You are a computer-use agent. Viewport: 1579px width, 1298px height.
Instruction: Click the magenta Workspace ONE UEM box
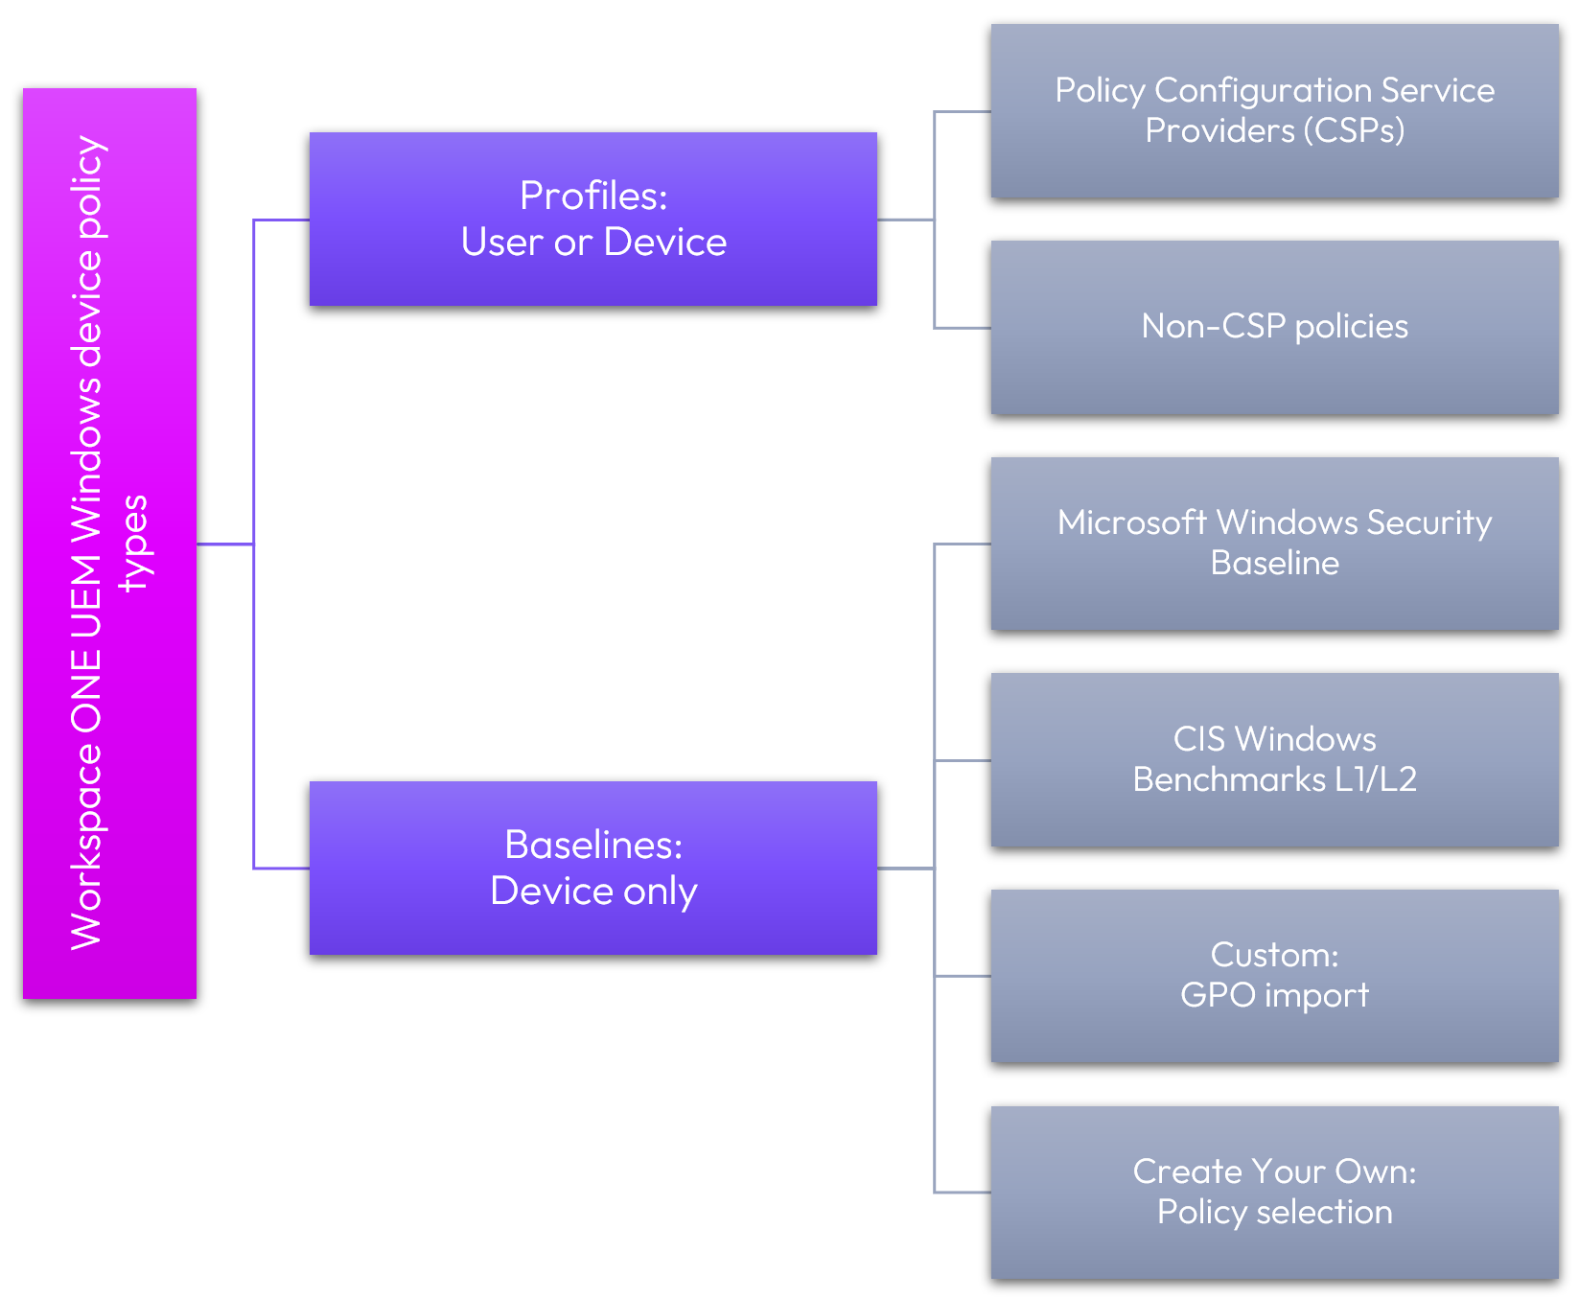pos(109,543)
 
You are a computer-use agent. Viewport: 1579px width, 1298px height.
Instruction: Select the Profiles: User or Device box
pos(592,219)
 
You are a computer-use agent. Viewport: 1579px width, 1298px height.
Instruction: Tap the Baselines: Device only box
pos(592,868)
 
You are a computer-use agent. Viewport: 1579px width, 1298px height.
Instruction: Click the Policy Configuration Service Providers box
pos(1274,110)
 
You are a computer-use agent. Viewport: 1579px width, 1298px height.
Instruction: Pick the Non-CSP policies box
pos(1274,327)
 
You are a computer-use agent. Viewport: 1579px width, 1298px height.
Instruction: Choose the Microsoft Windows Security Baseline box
pos(1274,543)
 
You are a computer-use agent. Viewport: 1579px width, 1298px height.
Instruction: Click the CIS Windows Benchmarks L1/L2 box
pos(1274,759)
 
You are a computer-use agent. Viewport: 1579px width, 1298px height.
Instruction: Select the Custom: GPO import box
pos(1274,975)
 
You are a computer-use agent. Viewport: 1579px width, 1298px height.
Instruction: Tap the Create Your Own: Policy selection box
pos(1274,1192)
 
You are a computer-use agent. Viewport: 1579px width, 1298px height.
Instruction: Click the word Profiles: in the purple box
pos(593,196)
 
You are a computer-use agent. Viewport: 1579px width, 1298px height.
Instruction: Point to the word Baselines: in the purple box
pos(593,845)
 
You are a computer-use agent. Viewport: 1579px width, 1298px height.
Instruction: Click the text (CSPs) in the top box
pos(1354,130)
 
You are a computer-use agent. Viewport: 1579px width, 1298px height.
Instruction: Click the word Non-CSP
pos(1213,327)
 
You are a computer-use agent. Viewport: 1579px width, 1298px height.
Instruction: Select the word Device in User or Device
pos(665,242)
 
